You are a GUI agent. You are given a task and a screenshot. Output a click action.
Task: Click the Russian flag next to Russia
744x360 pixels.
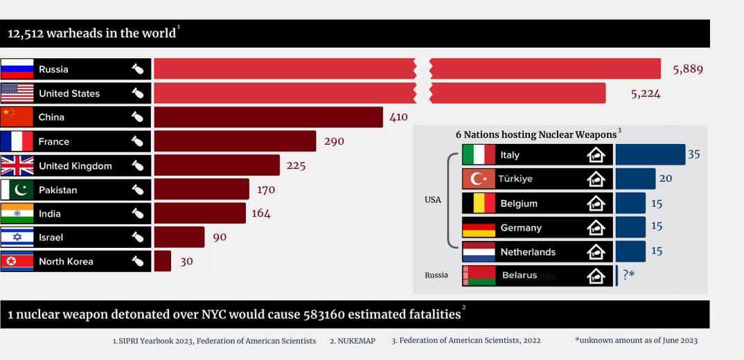(x=17, y=69)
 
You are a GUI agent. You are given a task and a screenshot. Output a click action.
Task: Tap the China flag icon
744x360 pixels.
(x=17, y=117)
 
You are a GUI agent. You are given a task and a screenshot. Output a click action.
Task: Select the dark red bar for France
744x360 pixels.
(x=235, y=141)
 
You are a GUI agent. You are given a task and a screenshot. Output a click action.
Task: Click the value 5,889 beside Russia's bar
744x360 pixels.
(x=688, y=69)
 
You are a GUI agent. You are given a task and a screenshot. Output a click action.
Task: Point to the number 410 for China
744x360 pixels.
(x=398, y=117)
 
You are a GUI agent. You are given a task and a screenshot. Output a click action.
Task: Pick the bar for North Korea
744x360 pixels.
(x=162, y=261)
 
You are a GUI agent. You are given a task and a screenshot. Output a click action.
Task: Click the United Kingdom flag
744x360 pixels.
(x=17, y=165)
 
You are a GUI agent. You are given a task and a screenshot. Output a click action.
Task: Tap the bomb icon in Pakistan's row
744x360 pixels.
(x=138, y=190)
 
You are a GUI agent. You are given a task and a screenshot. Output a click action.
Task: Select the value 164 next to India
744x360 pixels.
(x=261, y=213)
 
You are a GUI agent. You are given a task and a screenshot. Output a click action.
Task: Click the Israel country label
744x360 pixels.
(x=51, y=237)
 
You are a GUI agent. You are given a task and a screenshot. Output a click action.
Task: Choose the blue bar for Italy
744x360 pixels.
(x=650, y=154)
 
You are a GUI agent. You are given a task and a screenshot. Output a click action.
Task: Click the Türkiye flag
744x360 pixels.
(x=479, y=179)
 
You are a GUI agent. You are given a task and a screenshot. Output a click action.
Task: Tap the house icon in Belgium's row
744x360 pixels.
(x=596, y=204)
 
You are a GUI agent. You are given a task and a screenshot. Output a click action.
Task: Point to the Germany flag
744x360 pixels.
(x=479, y=228)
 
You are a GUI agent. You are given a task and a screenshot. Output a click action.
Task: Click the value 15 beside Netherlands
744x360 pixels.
(x=657, y=251)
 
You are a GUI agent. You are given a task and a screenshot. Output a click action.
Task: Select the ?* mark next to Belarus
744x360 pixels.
(x=628, y=275)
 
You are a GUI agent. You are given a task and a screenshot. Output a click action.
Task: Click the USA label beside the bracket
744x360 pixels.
(x=432, y=200)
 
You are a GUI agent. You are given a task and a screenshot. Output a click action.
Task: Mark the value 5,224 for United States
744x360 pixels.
(x=646, y=93)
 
